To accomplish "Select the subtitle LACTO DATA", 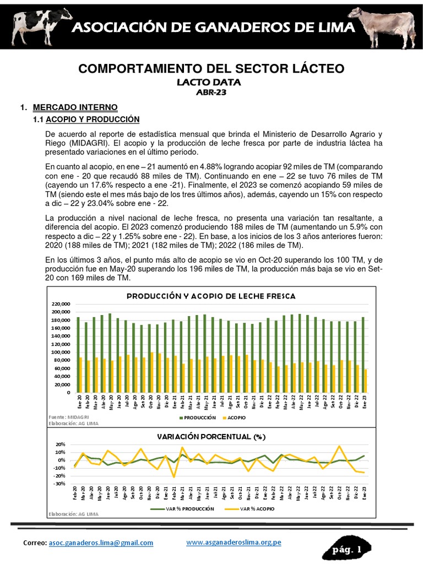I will point(211,83).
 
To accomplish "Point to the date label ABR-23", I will point(211,93).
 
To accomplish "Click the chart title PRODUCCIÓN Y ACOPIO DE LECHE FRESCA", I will point(211,296).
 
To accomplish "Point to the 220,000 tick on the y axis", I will point(62,304).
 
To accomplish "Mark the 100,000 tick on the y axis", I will point(62,352).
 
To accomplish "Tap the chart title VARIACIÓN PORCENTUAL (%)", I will point(211,437).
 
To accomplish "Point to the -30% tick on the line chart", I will point(59,484).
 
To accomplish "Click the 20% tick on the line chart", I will point(61,444).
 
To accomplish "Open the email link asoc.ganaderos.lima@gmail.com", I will point(101,543).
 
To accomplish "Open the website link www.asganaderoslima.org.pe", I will point(234,543).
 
